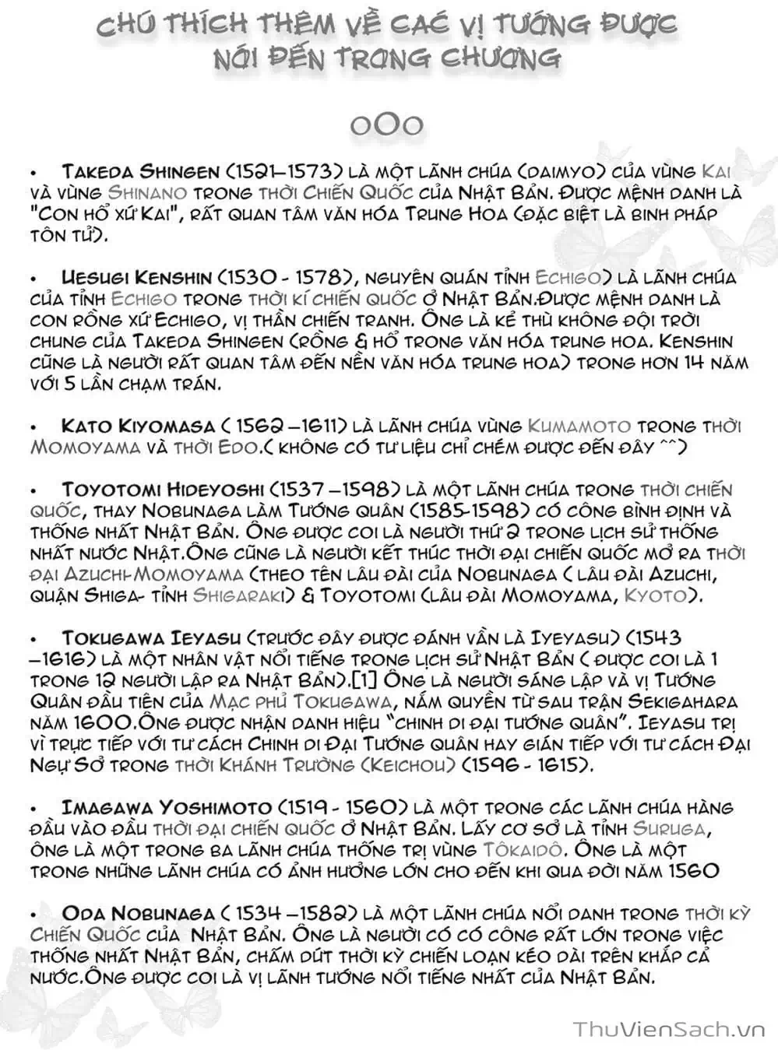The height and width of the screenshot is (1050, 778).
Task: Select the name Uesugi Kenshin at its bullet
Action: click(x=136, y=277)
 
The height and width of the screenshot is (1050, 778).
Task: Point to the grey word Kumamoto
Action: click(x=579, y=426)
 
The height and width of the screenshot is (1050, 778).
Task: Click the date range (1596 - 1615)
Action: click(x=527, y=764)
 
